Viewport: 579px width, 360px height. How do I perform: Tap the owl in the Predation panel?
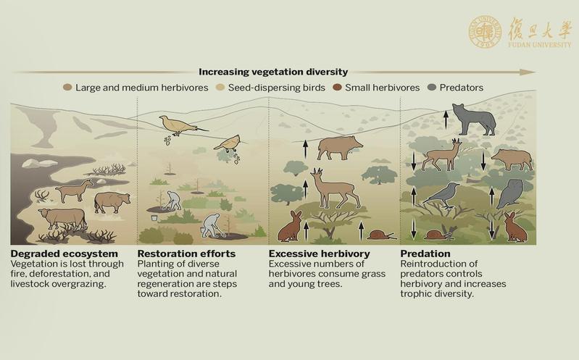pyautogui.click(x=510, y=194)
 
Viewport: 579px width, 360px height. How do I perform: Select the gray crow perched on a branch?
pyautogui.click(x=441, y=196)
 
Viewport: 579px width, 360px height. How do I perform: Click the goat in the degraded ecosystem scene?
pyautogui.click(x=74, y=191)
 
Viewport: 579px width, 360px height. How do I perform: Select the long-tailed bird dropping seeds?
pyautogui.click(x=182, y=125)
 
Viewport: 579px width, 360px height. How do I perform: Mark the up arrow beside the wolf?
pyautogui.click(x=446, y=119)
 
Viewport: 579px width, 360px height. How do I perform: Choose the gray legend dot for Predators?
pyautogui.click(x=431, y=88)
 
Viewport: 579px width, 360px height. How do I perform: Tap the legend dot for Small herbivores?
pyautogui.click(x=337, y=88)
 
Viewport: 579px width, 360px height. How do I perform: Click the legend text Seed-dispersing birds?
pyautogui.click(x=277, y=88)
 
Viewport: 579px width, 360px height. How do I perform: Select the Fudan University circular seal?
pyautogui.click(x=485, y=32)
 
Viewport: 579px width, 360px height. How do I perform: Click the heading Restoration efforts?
pyautogui.click(x=186, y=254)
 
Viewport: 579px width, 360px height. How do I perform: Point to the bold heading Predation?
pyautogui.click(x=425, y=254)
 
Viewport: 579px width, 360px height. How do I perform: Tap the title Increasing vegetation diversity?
pyautogui.click(x=273, y=72)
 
